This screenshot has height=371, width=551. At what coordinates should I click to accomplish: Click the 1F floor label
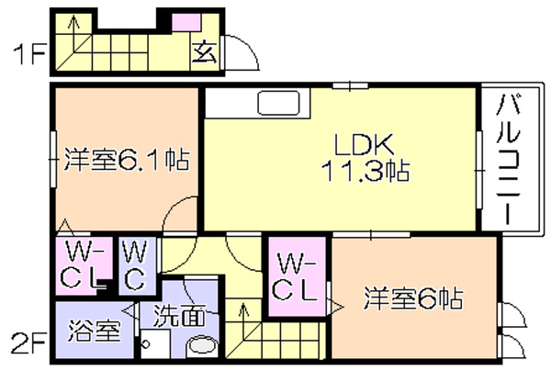tap(29, 54)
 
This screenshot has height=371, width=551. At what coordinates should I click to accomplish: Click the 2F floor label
tap(28, 343)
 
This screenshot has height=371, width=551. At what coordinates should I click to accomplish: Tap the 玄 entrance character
tap(205, 51)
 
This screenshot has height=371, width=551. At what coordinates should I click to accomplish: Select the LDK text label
tap(364, 145)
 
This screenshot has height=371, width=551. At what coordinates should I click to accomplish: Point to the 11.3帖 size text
tap(365, 171)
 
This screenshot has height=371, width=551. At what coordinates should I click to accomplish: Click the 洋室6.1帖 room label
tap(126, 160)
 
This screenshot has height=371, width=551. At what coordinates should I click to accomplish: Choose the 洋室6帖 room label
tap(413, 298)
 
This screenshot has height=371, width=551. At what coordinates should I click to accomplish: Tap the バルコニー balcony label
tap(508, 159)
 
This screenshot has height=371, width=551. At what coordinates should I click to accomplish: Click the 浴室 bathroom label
tap(95, 331)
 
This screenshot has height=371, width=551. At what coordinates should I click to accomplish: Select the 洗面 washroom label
tap(179, 315)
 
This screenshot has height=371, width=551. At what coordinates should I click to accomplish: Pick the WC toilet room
tap(137, 266)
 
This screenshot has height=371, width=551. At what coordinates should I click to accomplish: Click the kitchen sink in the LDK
tap(278, 103)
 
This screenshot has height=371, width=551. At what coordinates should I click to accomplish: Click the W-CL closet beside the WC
tap(84, 266)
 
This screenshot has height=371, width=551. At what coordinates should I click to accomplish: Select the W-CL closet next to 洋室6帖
tap(297, 276)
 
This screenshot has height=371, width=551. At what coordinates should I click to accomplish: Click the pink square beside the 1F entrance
tap(186, 22)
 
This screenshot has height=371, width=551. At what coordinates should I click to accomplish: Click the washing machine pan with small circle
tap(155, 344)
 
